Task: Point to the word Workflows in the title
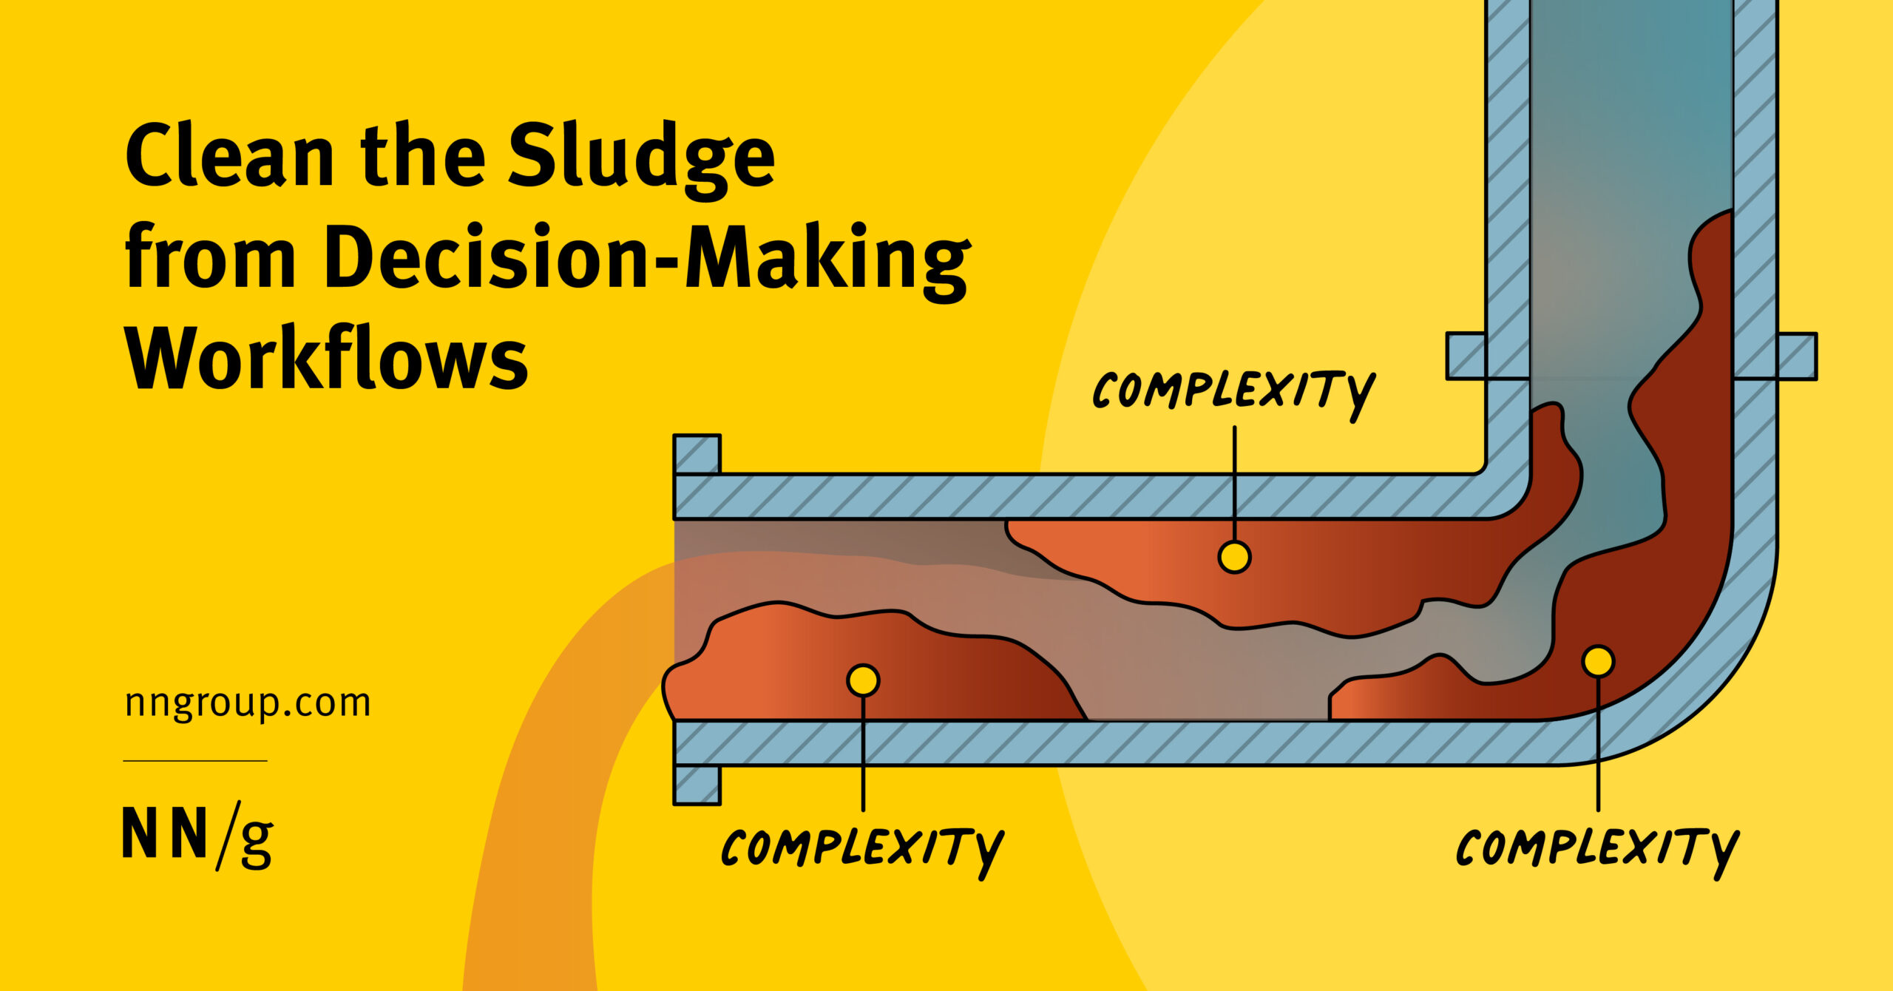tap(327, 361)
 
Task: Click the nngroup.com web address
tap(248, 703)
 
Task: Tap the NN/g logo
tap(197, 836)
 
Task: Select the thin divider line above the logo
tap(195, 760)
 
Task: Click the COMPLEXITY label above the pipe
tap(1233, 390)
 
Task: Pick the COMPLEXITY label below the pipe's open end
tap(861, 849)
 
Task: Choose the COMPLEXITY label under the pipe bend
tap(1597, 849)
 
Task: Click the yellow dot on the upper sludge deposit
tap(1234, 557)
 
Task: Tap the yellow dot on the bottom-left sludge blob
tap(863, 680)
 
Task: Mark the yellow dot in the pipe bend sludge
tap(1598, 660)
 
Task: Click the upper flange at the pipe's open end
tap(697, 453)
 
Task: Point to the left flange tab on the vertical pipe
tap(1466, 356)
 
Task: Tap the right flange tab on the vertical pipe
tap(1797, 356)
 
